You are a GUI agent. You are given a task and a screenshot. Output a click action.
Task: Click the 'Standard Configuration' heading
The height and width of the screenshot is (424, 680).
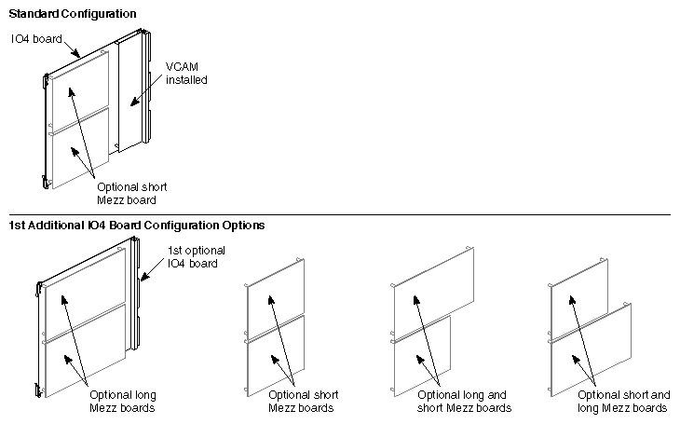click(73, 15)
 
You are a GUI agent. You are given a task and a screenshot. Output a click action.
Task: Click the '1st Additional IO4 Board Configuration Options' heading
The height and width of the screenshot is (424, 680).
click(137, 226)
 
